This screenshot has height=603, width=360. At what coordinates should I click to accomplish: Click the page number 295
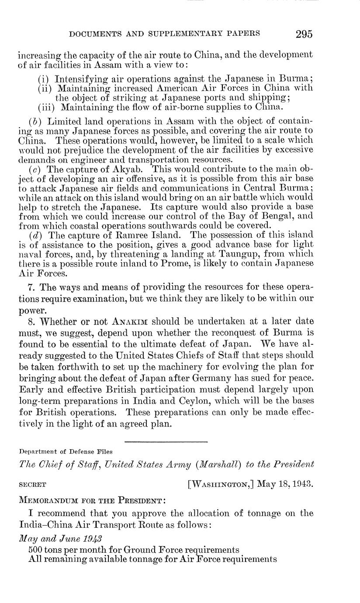coord(304,34)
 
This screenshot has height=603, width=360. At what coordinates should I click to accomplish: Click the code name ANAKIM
coord(128,322)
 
